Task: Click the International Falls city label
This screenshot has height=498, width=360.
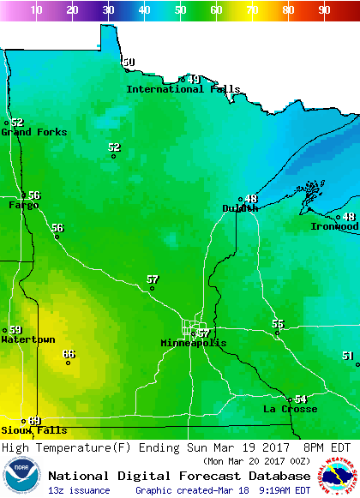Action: pyautogui.click(x=183, y=89)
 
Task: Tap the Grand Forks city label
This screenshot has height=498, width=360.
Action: pyautogui.click(x=28, y=132)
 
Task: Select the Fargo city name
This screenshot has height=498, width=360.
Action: pyautogui.click(x=23, y=206)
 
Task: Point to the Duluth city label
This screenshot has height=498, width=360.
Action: pyautogui.click(x=239, y=208)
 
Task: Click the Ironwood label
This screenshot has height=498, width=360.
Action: pyautogui.click(x=334, y=227)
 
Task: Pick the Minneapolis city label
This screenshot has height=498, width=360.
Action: pyautogui.click(x=194, y=343)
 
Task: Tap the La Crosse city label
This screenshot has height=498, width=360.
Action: pyautogui.click(x=290, y=410)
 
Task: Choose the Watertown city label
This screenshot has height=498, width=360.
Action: pyautogui.click(x=27, y=340)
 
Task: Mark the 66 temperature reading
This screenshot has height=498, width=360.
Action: pyautogui.click(x=69, y=354)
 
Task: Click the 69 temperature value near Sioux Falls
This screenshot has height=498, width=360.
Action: pyautogui.click(x=34, y=421)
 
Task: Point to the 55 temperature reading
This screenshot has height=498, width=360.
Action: pyautogui.click(x=278, y=323)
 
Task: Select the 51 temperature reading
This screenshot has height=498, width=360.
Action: pyautogui.click(x=347, y=356)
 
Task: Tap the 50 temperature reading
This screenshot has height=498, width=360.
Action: pyautogui.click(x=129, y=62)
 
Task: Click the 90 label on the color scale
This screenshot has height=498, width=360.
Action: pyautogui.click(x=324, y=10)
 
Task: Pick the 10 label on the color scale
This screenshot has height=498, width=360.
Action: pyautogui.click(x=36, y=10)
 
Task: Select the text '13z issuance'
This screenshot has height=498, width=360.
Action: pyautogui.click(x=79, y=490)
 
